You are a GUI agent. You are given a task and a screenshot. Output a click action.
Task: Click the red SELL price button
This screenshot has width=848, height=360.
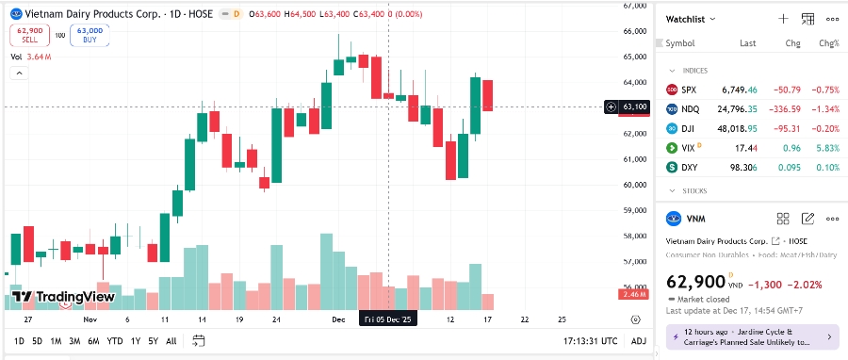coord(29,36)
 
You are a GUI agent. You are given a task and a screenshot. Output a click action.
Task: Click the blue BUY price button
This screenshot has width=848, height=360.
coord(89,36)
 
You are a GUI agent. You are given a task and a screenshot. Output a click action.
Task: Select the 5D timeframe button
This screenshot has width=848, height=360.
coord(37,341)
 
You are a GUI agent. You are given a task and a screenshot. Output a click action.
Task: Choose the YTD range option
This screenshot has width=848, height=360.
coord(114,341)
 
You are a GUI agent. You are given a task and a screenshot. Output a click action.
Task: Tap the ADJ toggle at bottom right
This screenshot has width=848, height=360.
coord(638,341)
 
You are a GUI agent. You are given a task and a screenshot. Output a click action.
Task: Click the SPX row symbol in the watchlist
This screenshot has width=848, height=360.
coord(689,90)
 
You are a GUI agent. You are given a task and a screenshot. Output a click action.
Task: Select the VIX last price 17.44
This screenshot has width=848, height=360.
coord(746,148)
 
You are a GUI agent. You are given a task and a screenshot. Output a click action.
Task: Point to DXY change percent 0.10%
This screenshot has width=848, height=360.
coord(829,167)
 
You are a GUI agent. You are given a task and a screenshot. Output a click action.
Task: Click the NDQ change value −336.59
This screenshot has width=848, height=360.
coord(783,109)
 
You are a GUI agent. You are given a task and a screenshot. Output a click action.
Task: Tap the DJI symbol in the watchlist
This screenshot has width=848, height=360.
coord(689,128)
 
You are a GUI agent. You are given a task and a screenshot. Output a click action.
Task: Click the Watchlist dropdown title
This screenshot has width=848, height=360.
coord(691,19)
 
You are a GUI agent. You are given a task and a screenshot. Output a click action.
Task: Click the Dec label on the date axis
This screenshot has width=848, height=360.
coord(337,320)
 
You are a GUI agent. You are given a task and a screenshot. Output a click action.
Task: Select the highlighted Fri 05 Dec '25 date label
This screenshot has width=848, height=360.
coord(388,320)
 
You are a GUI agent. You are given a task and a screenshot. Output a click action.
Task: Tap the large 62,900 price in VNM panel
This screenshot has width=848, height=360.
coord(695,282)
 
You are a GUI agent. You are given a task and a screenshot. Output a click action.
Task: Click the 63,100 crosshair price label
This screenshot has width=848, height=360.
coord(634,107)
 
